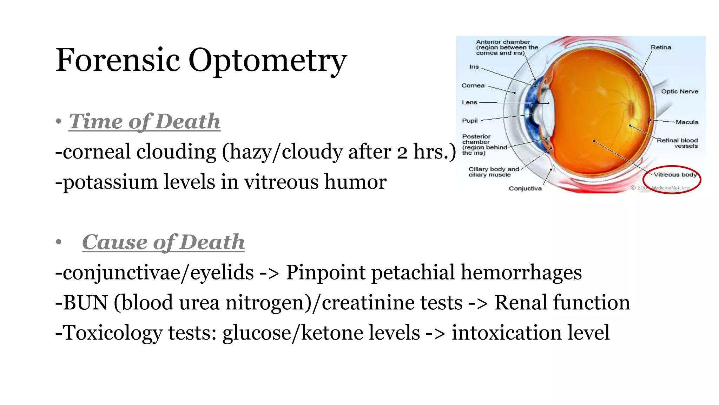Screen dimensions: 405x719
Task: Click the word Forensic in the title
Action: (x=118, y=60)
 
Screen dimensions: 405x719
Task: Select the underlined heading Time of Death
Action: (x=144, y=121)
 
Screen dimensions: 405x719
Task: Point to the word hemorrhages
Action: (x=521, y=273)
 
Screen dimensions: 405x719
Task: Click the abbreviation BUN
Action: (x=85, y=302)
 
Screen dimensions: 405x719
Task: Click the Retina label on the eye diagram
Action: (x=661, y=47)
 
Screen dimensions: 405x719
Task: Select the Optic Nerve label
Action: (x=680, y=91)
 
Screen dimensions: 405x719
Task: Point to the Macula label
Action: (x=687, y=122)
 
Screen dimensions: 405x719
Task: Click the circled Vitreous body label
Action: (x=674, y=175)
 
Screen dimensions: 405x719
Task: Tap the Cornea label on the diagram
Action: (x=473, y=85)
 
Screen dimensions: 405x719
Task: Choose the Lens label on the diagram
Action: (x=469, y=102)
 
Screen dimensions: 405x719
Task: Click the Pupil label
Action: (x=470, y=121)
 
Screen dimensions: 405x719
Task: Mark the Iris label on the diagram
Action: (x=474, y=67)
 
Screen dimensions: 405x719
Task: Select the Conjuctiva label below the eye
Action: (x=525, y=188)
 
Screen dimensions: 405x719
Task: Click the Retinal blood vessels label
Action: (x=678, y=143)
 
